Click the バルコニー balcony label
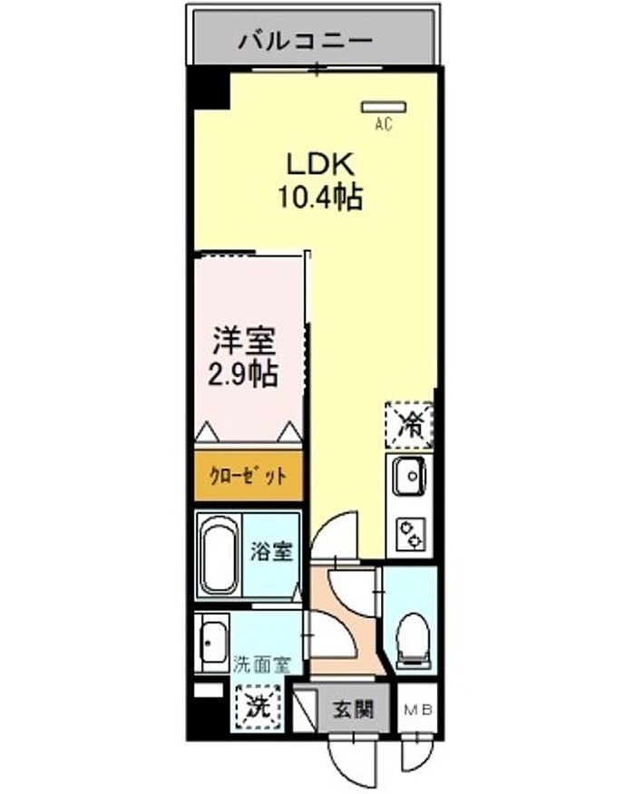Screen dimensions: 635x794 click(x=306, y=41)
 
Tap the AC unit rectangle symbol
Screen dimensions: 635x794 click(x=383, y=107)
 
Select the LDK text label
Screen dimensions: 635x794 click(x=320, y=164)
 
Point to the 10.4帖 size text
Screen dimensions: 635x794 click(x=320, y=197)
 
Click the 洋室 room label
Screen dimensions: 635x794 click(x=244, y=342)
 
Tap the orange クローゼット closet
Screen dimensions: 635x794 click(x=249, y=476)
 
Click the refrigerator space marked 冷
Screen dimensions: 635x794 click(x=409, y=425)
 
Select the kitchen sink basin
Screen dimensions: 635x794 click(x=409, y=476)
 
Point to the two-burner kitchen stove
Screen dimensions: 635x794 click(x=411, y=534)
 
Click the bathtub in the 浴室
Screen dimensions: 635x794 click(x=220, y=555)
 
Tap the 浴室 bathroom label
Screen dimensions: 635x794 click(x=271, y=551)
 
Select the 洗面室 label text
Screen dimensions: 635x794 click(x=261, y=665)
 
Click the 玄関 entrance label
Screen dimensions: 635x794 click(x=353, y=710)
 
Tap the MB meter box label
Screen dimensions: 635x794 click(x=418, y=710)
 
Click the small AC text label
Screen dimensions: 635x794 click(x=384, y=123)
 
